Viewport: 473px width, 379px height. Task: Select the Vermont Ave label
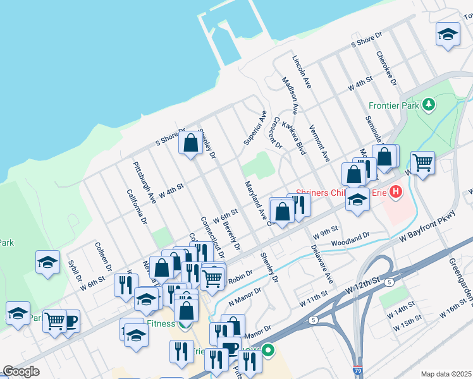point(319,143)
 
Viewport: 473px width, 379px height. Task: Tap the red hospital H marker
point(396,189)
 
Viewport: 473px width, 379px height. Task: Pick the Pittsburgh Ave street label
point(144,182)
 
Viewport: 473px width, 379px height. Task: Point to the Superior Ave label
point(255,127)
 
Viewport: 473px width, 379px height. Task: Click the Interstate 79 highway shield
point(358,373)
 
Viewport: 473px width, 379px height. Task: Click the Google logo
point(21,371)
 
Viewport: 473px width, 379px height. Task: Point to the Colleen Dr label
point(103,258)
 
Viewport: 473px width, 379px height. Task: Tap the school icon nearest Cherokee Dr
point(448,35)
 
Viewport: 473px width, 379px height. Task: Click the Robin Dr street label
point(240,275)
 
